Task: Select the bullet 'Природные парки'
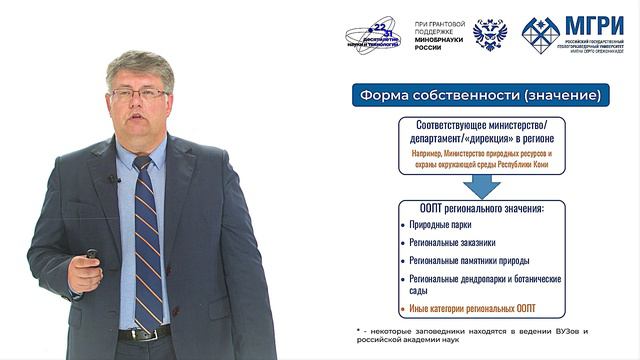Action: [x=441, y=225]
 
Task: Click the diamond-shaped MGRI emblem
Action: [x=540, y=34]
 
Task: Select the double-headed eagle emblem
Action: [x=489, y=34]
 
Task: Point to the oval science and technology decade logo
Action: [x=371, y=36]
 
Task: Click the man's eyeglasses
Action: [x=139, y=94]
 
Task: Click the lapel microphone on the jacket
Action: [x=114, y=180]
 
